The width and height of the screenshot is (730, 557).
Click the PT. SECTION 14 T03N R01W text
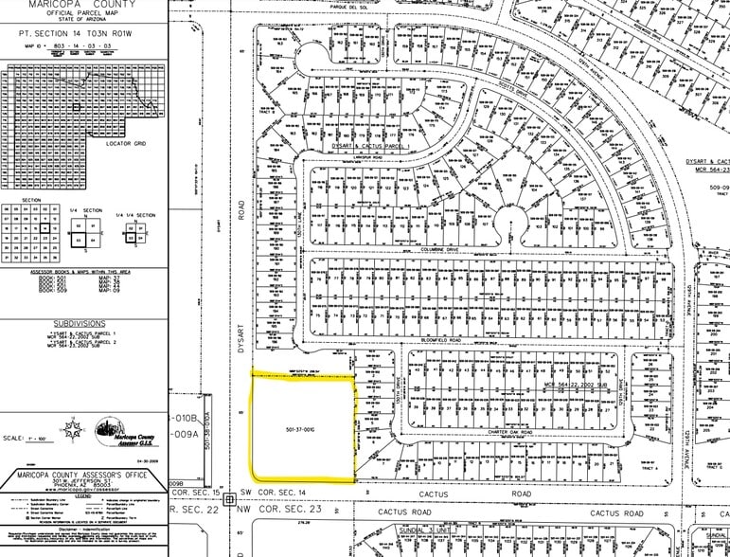pyautogui.click(x=80, y=31)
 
